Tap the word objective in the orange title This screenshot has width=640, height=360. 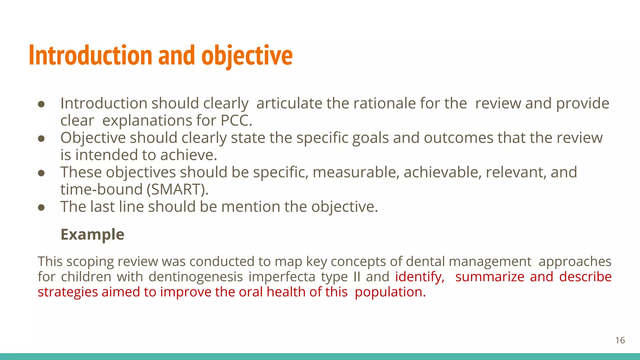pyautogui.click(x=247, y=55)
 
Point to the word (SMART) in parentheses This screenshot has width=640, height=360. pyautogui.click(x=177, y=189)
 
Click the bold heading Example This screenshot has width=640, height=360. pyautogui.click(x=92, y=234)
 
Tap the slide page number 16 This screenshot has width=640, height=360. pyautogui.click(x=620, y=340)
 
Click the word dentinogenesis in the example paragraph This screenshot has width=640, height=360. pyautogui.click(x=196, y=277)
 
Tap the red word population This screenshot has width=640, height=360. pyautogui.click(x=390, y=292)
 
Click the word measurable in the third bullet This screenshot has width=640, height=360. pyautogui.click(x=356, y=172)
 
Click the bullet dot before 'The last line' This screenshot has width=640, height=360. pyautogui.click(x=41, y=207)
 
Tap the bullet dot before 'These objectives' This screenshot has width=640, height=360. pyautogui.click(x=41, y=173)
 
